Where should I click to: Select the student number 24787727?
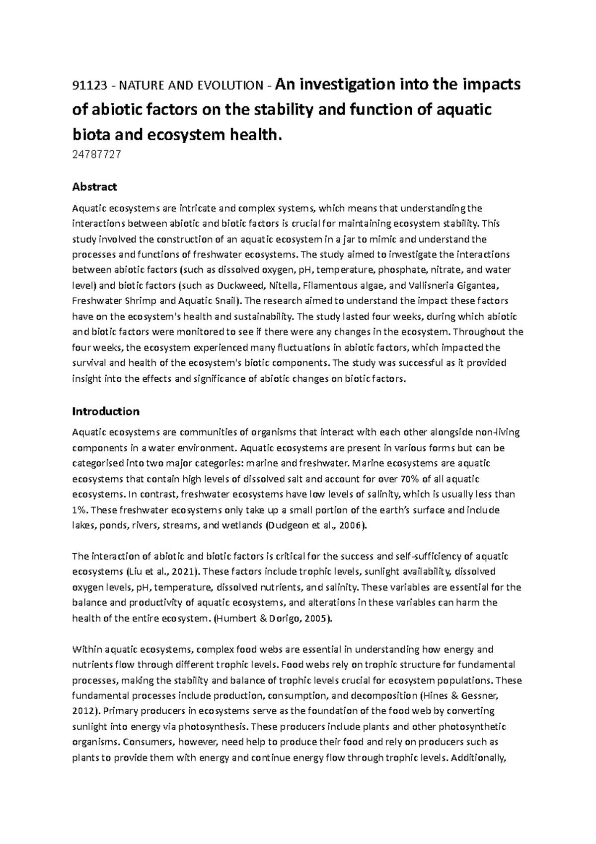coord(96,155)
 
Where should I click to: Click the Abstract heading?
coord(94,187)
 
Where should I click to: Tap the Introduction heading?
coord(106,412)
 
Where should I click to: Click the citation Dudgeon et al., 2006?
coord(317,525)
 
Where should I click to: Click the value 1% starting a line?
coord(80,510)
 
